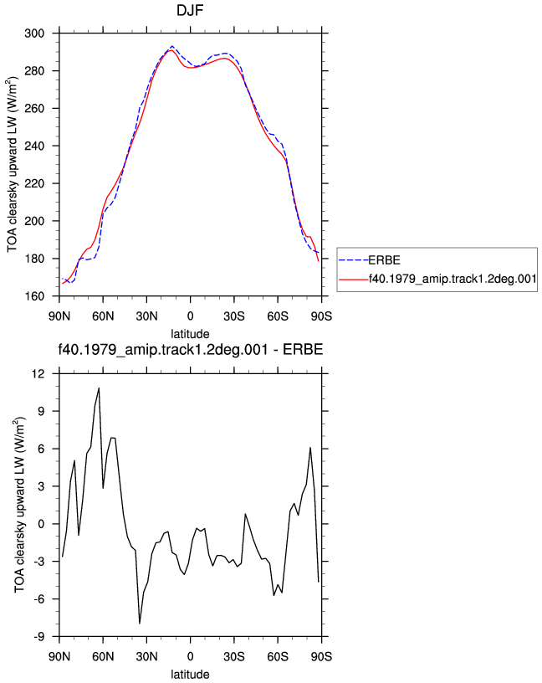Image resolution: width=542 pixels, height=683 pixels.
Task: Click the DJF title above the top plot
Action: click(190, 10)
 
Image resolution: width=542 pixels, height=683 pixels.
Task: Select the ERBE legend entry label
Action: click(385, 260)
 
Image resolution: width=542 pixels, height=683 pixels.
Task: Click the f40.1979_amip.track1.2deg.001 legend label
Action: click(453, 279)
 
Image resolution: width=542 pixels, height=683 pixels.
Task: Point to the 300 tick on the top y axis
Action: click(34, 33)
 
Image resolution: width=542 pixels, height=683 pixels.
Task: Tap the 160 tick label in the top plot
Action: click(34, 296)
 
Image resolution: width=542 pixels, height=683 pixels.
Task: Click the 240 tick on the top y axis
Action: click(34, 146)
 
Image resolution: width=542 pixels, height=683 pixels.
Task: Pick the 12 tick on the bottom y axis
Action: click(38, 374)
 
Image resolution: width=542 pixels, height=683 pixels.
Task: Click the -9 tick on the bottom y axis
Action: click(38, 637)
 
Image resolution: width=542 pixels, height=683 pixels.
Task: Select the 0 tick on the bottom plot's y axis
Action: click(41, 524)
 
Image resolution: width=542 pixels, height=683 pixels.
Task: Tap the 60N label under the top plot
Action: click(103, 316)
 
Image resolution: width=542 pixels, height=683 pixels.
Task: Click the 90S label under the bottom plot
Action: click(321, 657)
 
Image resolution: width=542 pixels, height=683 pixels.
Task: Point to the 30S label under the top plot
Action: click(234, 316)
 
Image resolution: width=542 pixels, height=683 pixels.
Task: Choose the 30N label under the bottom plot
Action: click(146, 657)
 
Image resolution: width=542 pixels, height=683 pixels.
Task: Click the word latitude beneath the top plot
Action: click(190, 334)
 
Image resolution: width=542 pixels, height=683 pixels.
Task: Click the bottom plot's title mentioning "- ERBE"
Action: click(191, 349)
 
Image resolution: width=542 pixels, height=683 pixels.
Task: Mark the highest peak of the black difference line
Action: click(99, 388)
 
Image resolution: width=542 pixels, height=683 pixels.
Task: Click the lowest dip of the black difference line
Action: click(140, 624)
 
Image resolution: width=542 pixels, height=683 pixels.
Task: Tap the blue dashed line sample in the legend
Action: click(354, 260)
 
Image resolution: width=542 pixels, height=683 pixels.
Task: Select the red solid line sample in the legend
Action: click(354, 279)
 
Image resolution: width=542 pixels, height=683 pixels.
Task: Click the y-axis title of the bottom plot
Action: click(20, 506)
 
